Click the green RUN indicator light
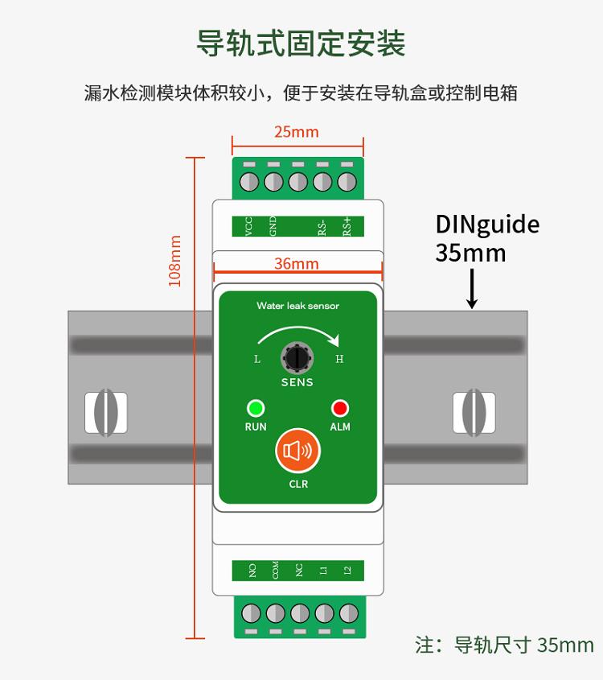coord(256,407)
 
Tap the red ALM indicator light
coord(340,407)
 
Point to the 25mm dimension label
coord(297,132)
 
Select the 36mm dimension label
coord(297,264)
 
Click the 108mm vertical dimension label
coord(174,261)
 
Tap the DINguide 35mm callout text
coord(486,238)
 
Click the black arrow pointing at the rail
coord(472,289)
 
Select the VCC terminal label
coord(248,226)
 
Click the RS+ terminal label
coord(347,226)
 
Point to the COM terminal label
coord(276,571)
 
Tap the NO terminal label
coord(252,571)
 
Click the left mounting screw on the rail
coord(106,413)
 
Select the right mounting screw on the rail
coord(473,413)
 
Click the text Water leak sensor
coord(297,306)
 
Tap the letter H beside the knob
coord(339,360)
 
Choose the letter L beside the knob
coord(257,360)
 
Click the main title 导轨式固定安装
coord(301,43)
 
